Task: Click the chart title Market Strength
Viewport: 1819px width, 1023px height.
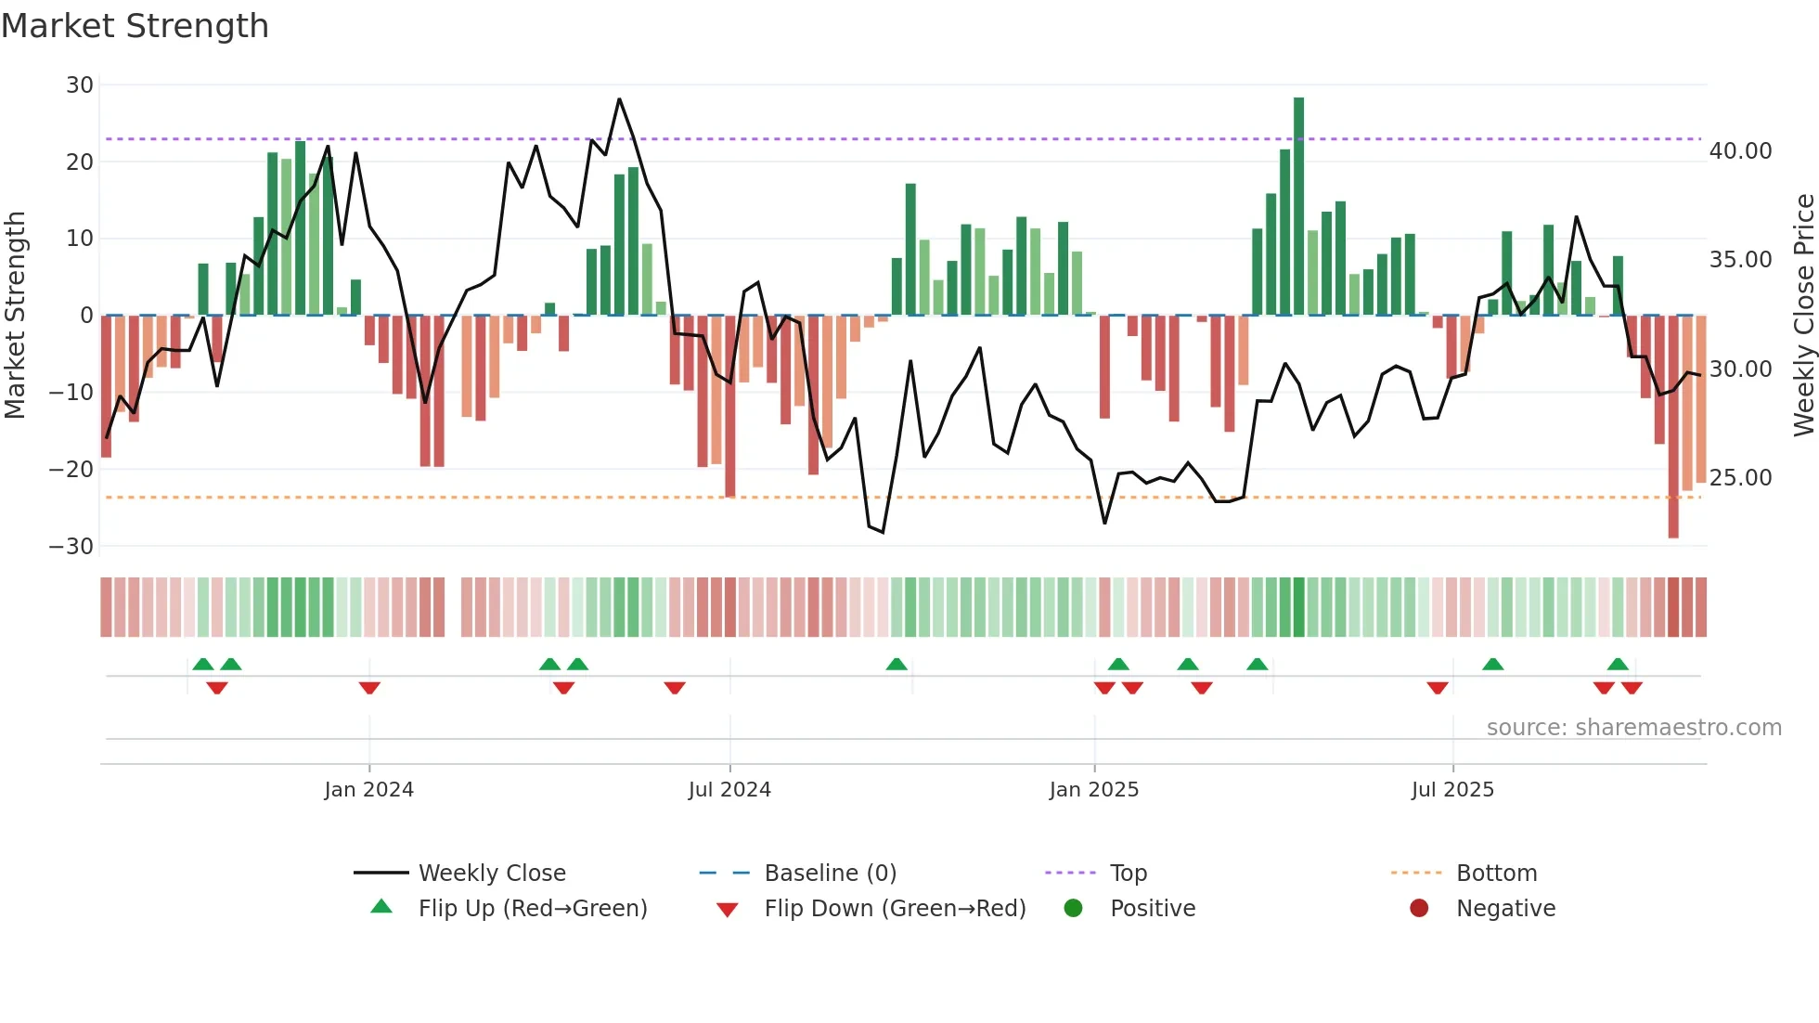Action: pyautogui.click(x=135, y=26)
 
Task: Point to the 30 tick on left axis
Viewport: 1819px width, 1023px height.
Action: pyautogui.click(x=80, y=85)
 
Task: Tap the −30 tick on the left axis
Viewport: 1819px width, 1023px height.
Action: pyautogui.click(x=71, y=547)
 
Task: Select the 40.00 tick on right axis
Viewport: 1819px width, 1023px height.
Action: pyautogui.click(x=1740, y=151)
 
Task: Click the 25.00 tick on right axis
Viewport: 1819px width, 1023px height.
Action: pyautogui.click(x=1740, y=478)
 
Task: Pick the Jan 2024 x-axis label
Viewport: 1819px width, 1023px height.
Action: pyautogui.click(x=368, y=790)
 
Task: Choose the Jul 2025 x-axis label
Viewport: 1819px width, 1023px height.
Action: pyautogui.click(x=1452, y=790)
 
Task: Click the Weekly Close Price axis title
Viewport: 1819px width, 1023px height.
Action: pyautogui.click(x=1803, y=316)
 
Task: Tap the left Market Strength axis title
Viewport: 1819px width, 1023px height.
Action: pyautogui.click(x=15, y=316)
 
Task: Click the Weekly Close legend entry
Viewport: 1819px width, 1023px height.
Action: pyautogui.click(x=491, y=874)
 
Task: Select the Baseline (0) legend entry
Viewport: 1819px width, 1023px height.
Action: pyautogui.click(x=830, y=874)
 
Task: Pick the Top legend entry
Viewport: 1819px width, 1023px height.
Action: pyautogui.click(x=1128, y=874)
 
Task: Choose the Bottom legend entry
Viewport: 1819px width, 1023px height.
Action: pyautogui.click(x=1496, y=874)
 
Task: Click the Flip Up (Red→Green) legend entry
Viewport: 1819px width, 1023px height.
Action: pyautogui.click(x=532, y=909)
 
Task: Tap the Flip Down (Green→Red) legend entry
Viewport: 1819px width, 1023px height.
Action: pyautogui.click(x=895, y=909)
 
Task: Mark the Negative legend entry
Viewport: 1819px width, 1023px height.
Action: pyautogui.click(x=1505, y=909)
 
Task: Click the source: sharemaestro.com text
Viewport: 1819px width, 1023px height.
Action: pyautogui.click(x=1633, y=728)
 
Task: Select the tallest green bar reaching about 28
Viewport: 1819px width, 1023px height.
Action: pyautogui.click(x=1298, y=204)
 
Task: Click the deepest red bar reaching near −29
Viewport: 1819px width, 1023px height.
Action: pyautogui.click(x=1673, y=427)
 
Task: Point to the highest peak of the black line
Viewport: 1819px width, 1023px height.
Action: pyautogui.click(x=619, y=99)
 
